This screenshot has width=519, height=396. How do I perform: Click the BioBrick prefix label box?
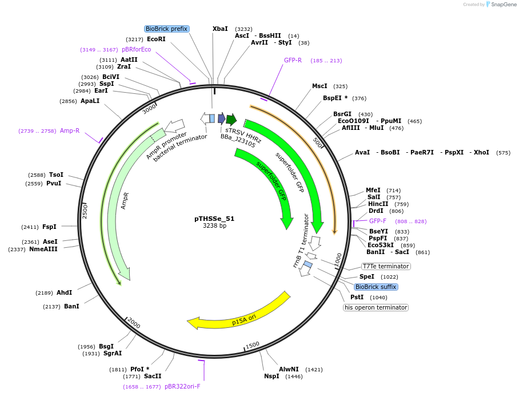pyautogui.click(x=166, y=29)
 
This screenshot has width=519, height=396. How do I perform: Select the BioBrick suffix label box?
pyautogui.click(x=376, y=287)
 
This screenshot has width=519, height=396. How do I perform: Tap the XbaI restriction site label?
pyautogui.click(x=220, y=29)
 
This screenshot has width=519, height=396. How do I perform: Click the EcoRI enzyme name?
pyautogui.click(x=156, y=39)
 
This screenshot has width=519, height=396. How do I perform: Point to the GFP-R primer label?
pyautogui.click(x=293, y=60)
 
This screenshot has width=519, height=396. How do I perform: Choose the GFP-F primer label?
pyautogui.click(x=378, y=221)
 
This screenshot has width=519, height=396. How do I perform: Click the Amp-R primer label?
pyautogui.click(x=70, y=130)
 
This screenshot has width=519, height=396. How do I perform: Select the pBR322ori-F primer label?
pyautogui.click(x=182, y=386)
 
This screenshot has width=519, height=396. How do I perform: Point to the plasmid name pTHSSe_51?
pyautogui.click(x=214, y=219)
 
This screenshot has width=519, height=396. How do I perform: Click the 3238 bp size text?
pyautogui.click(x=214, y=226)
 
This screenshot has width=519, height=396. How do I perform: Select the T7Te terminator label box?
pyautogui.click(x=386, y=266)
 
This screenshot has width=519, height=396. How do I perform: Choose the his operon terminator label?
pyautogui.click(x=376, y=307)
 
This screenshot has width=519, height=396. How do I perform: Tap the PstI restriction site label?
pyautogui.click(x=357, y=297)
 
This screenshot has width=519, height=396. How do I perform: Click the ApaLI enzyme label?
pyautogui.click(x=90, y=101)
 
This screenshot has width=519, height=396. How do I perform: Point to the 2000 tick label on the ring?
pyautogui.click(x=133, y=323)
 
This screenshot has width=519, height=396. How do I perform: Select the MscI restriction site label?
pyautogui.click(x=320, y=86)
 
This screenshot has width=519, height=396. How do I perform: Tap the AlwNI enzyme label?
pyautogui.click(x=289, y=369)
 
